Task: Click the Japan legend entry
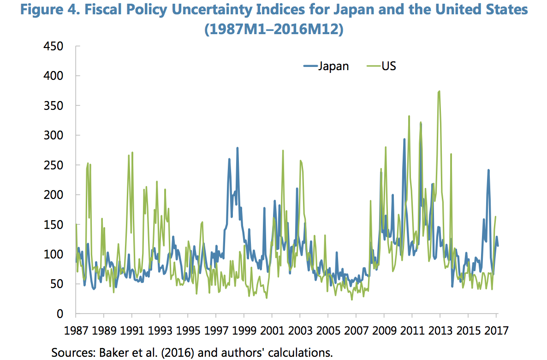point(326,66)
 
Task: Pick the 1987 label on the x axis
point(76,331)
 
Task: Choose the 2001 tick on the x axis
point(272,331)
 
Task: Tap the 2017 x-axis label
point(496,331)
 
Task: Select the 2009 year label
point(384,331)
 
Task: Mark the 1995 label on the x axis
point(188,331)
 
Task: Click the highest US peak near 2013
point(440,91)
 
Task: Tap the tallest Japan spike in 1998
point(238,148)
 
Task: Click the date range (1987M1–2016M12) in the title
point(273,29)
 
